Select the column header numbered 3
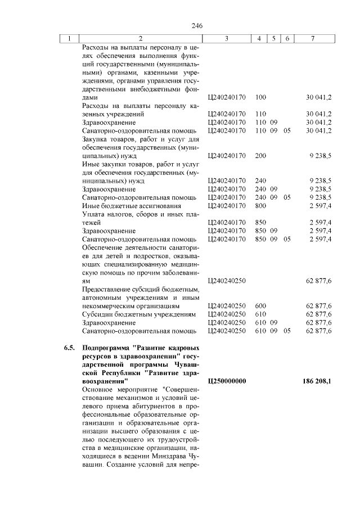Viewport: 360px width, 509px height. click(x=226, y=38)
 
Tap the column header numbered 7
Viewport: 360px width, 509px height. click(x=313, y=38)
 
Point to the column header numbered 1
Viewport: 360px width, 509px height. click(x=69, y=38)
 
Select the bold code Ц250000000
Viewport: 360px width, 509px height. click(x=227, y=381)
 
